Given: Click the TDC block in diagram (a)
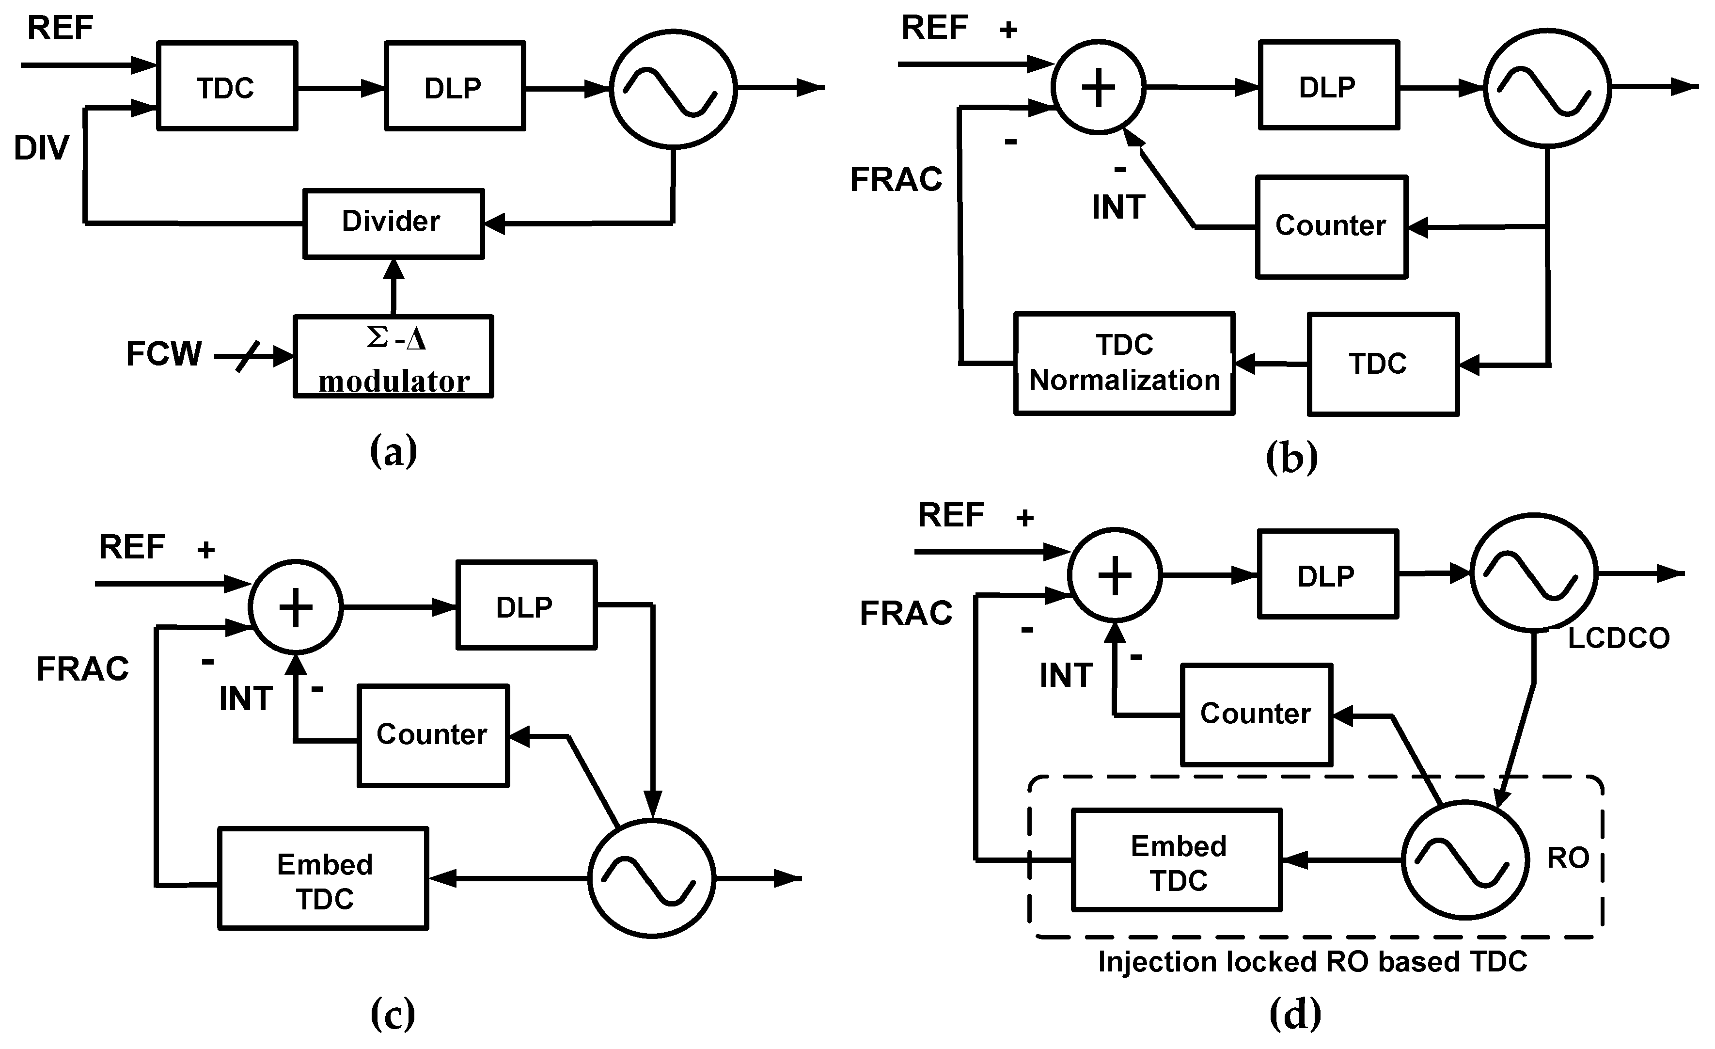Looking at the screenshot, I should tap(227, 86).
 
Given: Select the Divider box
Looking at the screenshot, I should tap(393, 223).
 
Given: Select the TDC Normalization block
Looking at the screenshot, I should tap(1124, 364).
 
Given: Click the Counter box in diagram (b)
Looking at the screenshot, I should tap(1331, 227).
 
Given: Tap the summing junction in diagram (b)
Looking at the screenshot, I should tap(1098, 88).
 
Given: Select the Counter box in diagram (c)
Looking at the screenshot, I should tap(432, 735).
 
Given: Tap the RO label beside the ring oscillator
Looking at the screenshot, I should tap(1568, 858).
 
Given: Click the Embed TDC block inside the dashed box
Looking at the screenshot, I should tap(1177, 861).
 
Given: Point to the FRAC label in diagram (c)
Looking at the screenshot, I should tap(83, 669).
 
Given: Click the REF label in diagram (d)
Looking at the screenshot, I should tap(951, 515).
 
